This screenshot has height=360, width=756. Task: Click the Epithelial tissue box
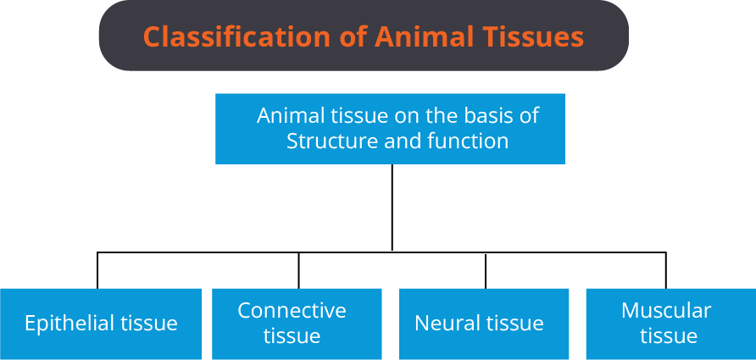coord(101,324)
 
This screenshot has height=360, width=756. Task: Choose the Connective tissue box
coord(297,324)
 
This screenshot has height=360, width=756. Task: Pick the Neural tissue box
coord(484,324)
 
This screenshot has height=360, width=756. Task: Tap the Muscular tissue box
coord(671,324)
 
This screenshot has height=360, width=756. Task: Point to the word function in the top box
coord(468,141)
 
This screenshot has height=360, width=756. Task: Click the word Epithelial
coord(68,324)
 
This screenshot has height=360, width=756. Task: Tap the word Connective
coord(292,310)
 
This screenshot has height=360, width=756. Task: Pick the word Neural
coord(442,323)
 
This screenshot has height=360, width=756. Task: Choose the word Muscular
coord(666,310)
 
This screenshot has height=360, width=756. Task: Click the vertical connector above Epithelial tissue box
coord(97,270)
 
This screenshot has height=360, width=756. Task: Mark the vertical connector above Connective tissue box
coord(298,270)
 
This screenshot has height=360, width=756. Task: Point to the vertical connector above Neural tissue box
coord(486,270)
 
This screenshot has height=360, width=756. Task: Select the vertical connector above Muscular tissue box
coord(666,270)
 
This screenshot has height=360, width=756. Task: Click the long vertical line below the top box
coord(392,208)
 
